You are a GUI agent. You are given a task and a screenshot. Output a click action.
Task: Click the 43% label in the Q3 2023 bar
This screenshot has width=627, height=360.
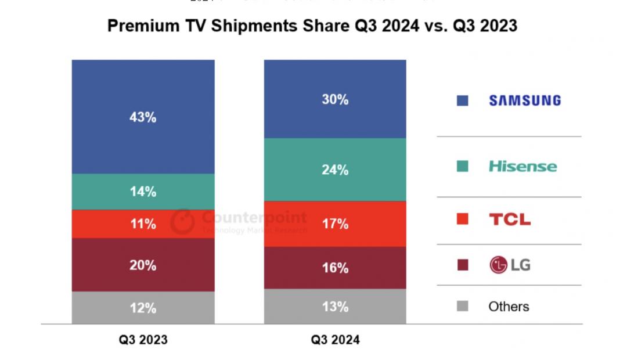pos(143,117)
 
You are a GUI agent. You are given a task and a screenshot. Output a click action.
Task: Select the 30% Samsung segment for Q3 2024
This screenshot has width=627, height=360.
pos(335,99)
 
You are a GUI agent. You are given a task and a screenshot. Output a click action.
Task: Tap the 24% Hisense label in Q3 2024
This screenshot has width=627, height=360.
pos(335,170)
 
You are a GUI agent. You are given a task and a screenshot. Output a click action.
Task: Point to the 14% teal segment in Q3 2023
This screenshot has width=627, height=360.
pos(143,192)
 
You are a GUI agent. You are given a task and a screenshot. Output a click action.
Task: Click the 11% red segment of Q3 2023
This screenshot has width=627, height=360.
pos(143,224)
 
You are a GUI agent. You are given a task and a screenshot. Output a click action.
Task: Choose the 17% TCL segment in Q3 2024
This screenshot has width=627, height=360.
pos(335,224)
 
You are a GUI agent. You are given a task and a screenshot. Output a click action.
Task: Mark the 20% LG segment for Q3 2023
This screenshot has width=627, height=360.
pos(143,265)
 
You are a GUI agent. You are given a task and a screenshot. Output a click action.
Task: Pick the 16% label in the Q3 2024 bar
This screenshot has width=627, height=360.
pos(335,268)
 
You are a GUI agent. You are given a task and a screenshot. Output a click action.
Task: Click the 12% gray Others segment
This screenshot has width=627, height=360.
pos(143,308)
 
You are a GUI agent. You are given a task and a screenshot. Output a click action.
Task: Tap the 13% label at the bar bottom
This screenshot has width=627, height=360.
pos(335,307)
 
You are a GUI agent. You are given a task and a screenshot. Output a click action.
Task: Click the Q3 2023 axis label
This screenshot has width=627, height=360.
pos(143,340)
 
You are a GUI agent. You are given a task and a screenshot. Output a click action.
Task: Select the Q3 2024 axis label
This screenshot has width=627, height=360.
pos(335,340)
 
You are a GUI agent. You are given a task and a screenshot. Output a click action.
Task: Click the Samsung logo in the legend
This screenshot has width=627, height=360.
pos(525,100)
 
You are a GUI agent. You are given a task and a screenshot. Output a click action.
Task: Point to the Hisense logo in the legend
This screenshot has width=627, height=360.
pos(522,167)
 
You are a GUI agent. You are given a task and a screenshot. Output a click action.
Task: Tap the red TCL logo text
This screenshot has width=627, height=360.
pos(509,219)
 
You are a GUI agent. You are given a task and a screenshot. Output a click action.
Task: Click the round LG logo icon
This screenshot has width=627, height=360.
pos(499,265)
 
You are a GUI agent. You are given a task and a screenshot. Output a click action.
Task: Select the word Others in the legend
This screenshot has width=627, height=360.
pos(509,307)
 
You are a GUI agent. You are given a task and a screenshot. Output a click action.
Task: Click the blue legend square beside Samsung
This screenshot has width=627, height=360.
pos(463,100)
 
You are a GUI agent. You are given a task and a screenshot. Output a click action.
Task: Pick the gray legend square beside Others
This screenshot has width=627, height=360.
pos(463,306)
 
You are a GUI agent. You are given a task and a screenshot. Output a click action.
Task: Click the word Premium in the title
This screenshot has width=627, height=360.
pos(138,26)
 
